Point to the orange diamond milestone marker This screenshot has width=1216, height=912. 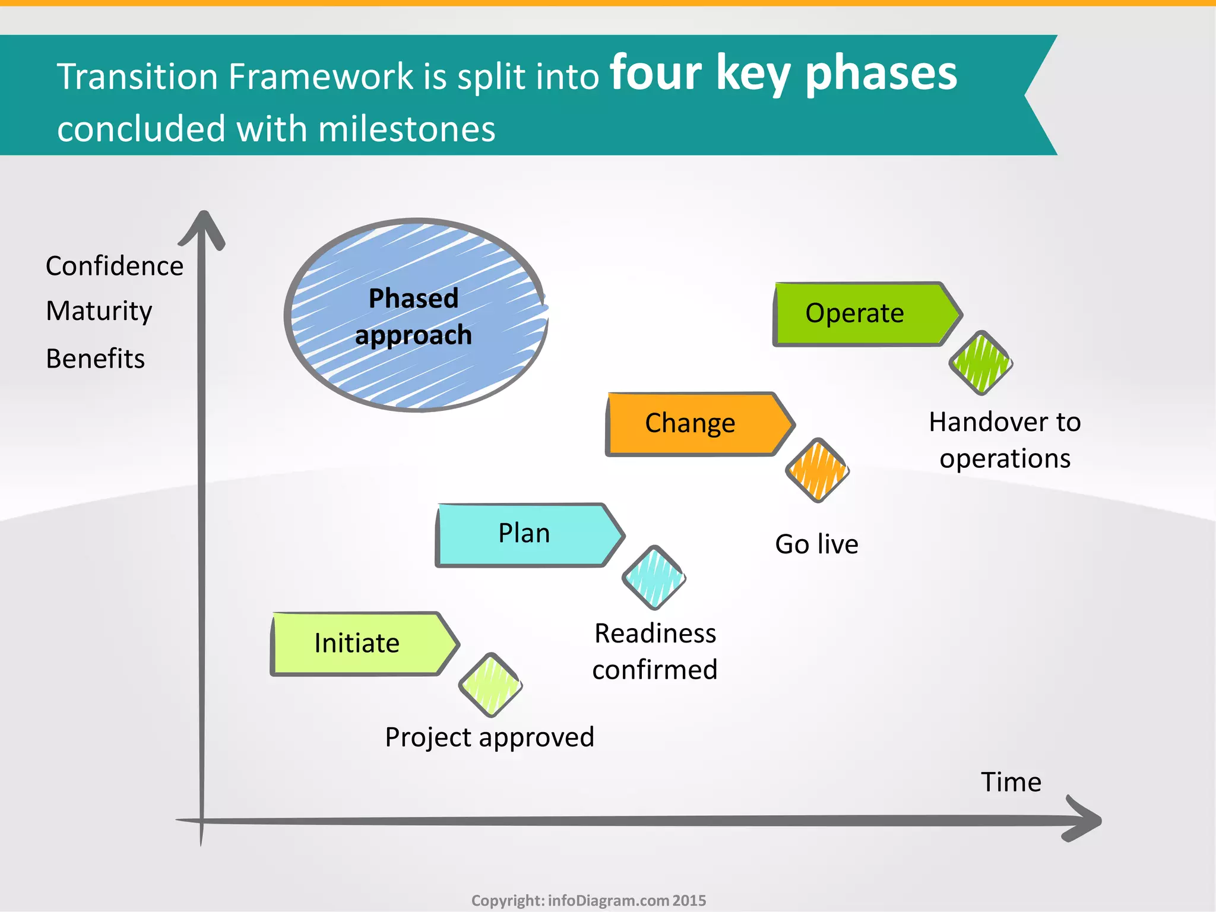pos(818,470)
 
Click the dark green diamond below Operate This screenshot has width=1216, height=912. pos(981,363)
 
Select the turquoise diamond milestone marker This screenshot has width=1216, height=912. pos(654,577)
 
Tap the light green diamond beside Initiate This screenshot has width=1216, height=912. pos(490,685)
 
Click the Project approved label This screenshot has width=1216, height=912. pos(489,737)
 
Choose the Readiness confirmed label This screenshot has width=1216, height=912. pos(655,651)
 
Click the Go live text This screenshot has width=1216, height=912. pos(816,544)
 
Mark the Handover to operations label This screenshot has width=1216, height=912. pos(1005,440)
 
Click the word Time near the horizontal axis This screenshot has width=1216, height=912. pos(1011,782)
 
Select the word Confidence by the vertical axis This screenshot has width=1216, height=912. pos(115,266)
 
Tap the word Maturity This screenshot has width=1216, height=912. pos(99,311)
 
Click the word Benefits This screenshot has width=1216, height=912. pos(96,359)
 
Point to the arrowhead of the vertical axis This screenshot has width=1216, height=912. pos(203,226)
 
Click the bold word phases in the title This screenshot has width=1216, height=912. pos(881,74)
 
